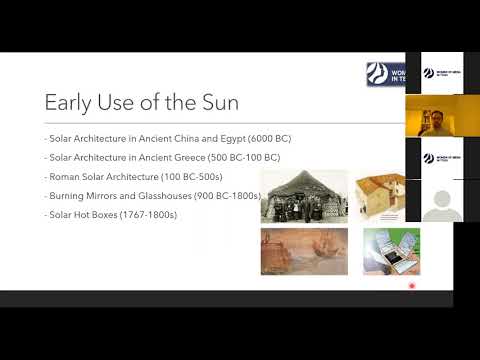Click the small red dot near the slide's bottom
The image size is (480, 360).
(x=413, y=288)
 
